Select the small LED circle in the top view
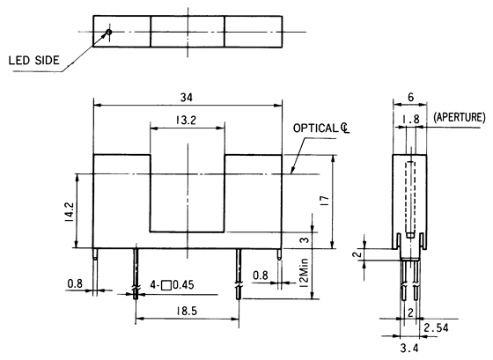[x=107, y=33]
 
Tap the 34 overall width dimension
[x=188, y=96]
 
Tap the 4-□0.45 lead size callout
[x=173, y=284]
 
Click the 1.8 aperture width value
[x=409, y=118]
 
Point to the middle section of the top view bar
[x=187, y=33]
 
